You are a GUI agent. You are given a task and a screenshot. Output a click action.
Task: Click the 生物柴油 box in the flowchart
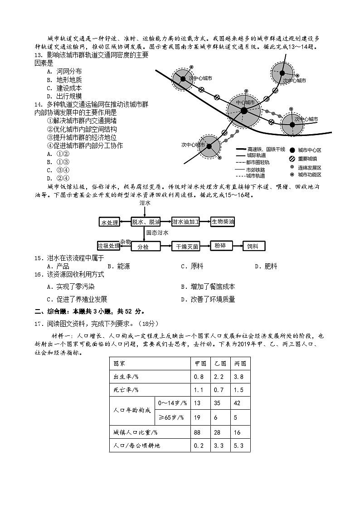(223, 222)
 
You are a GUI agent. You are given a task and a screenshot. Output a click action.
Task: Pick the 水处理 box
(109, 223)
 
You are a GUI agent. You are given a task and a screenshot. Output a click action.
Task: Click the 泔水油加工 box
(186, 222)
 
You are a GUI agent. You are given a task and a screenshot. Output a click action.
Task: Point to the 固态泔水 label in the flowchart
(157, 233)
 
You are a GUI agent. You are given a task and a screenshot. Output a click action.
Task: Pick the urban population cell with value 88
(197, 432)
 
